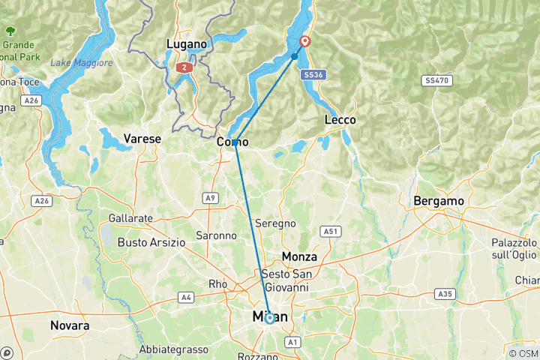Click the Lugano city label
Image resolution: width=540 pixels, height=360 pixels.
186,44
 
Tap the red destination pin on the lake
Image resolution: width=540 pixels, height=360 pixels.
305,42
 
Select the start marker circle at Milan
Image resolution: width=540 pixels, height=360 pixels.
269,319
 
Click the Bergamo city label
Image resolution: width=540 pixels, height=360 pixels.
439,202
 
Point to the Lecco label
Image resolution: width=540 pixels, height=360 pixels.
340,120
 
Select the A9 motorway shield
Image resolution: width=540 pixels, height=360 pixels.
211,198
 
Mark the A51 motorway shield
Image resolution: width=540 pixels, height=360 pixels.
328,232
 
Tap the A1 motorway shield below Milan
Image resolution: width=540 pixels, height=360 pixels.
292,342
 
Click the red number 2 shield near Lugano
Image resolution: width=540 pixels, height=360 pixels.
183,67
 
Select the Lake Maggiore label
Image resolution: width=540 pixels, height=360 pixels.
81,63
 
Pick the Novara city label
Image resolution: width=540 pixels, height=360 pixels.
70,326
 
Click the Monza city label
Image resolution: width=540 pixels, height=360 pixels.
299,256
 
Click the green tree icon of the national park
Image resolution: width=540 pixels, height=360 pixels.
10,31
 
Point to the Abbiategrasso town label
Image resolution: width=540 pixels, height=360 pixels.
174,349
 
